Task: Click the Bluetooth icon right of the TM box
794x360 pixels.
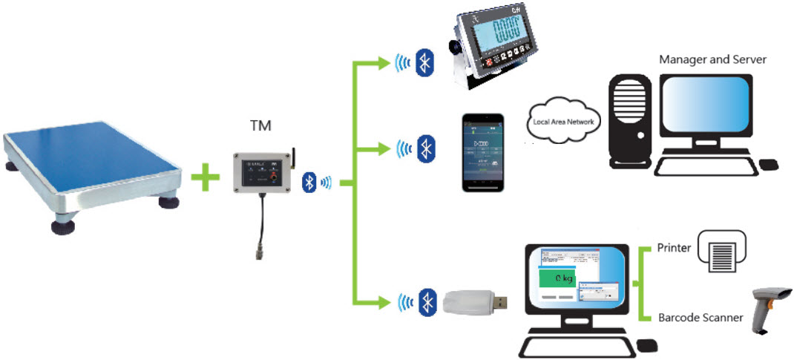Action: coord(309,183)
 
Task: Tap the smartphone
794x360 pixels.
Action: coord(483,153)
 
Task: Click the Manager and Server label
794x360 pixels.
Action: coord(712,59)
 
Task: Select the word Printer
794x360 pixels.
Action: coord(674,248)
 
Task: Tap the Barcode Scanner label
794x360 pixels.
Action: coord(700,318)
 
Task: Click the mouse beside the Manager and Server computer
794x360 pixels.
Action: coord(769,163)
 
